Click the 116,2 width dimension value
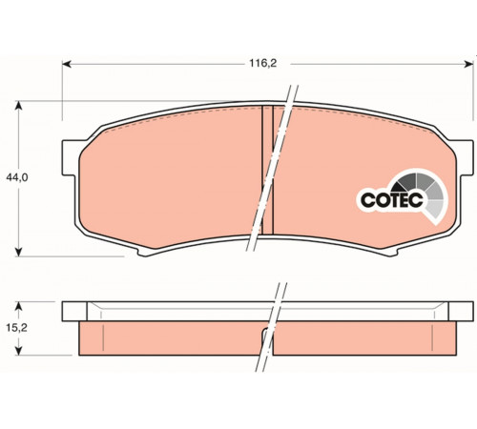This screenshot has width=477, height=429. point(262,64)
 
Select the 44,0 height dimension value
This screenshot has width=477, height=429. point(17,177)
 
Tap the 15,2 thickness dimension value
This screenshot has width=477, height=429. point(16,328)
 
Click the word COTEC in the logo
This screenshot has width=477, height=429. point(392,200)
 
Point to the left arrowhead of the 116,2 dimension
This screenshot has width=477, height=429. point(66,64)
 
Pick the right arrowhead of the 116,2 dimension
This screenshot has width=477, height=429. point(469,64)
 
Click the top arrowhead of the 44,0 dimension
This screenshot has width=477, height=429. point(19,105)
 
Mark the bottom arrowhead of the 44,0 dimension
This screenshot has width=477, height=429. point(19,252)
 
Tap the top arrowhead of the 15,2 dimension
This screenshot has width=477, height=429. point(19,306)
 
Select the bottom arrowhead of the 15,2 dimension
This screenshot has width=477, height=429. point(19,351)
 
